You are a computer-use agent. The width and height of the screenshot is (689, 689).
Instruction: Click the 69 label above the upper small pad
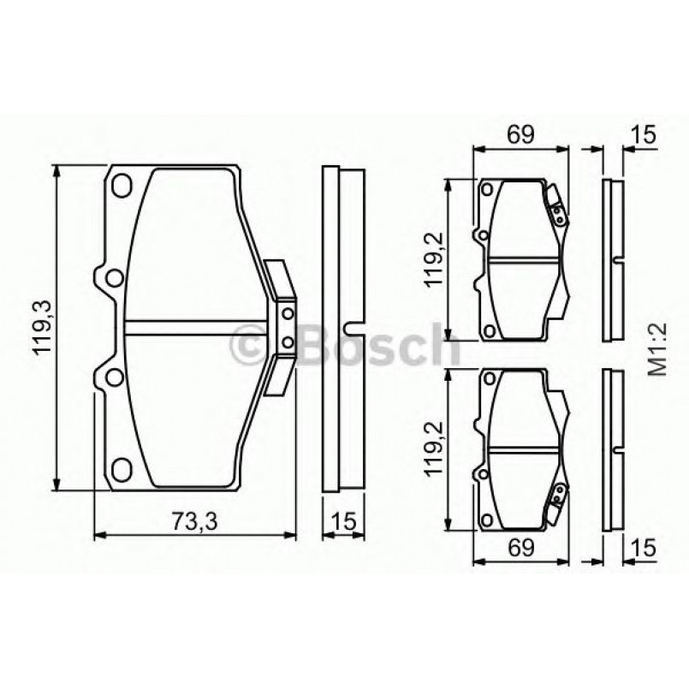coord(520,134)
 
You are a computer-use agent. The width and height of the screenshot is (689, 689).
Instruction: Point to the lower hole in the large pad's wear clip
coord(287,344)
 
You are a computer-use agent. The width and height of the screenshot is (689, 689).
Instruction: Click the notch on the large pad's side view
coord(348,327)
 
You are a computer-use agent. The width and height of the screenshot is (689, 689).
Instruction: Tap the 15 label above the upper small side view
coord(644,134)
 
